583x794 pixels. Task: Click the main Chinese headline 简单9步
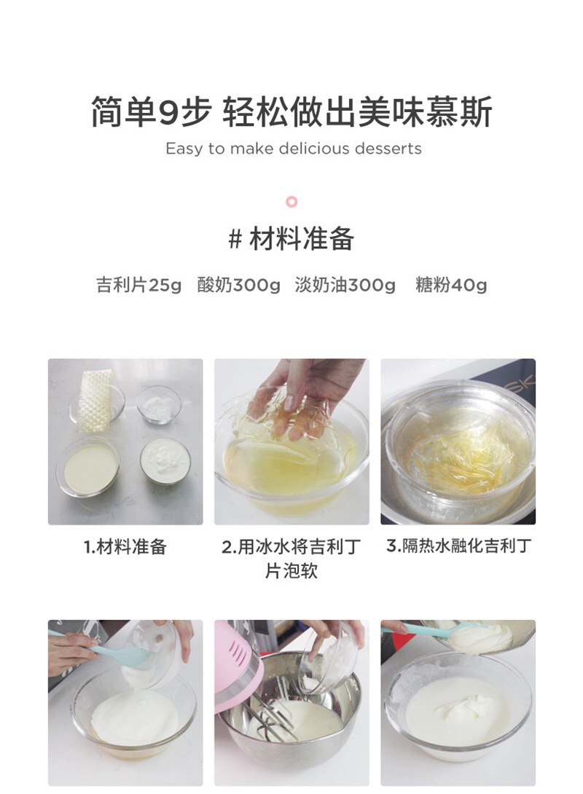pyautogui.click(x=151, y=112)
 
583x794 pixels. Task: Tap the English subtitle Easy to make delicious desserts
pyautogui.click(x=293, y=149)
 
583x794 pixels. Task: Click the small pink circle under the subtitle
pyautogui.click(x=291, y=202)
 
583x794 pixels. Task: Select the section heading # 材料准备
pyautogui.click(x=291, y=239)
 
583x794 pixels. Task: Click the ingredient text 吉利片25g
pyautogui.click(x=138, y=285)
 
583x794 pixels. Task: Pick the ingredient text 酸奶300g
pyautogui.click(x=238, y=285)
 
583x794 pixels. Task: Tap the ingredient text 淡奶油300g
pyautogui.click(x=345, y=285)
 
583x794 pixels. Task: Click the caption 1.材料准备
pyautogui.click(x=125, y=547)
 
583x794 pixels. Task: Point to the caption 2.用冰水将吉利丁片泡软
pyautogui.click(x=291, y=558)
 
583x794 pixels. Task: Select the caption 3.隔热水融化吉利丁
pyautogui.click(x=458, y=546)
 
